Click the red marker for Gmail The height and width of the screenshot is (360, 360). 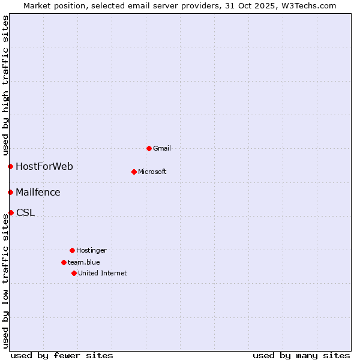pyautogui.click(x=149, y=148)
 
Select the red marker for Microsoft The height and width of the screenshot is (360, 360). pyautogui.click(x=134, y=172)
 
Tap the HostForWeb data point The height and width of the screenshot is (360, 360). pyautogui.click(x=10, y=166)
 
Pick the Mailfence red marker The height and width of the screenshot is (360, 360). pyautogui.click(x=10, y=192)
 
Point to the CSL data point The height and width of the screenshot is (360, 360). pyautogui.click(x=11, y=212)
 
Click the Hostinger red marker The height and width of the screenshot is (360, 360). pyautogui.click(x=72, y=250)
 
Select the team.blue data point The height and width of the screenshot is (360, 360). pyautogui.click(x=64, y=262)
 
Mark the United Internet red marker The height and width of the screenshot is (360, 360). pyautogui.click(x=74, y=273)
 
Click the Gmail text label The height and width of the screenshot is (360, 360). pyautogui.click(x=162, y=148)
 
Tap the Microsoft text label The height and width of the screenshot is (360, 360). pyautogui.click(x=152, y=172)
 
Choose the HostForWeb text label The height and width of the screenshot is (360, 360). pyautogui.click(x=44, y=166)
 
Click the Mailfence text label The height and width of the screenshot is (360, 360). pyautogui.click(x=38, y=192)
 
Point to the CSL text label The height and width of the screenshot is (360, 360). pyautogui.click(x=25, y=212)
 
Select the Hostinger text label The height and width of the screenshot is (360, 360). pyautogui.click(x=91, y=250)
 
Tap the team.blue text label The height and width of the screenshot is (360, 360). pyautogui.click(x=84, y=262)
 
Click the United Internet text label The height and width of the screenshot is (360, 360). pyautogui.click(x=103, y=273)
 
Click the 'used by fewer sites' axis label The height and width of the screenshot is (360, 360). pyautogui.click(x=62, y=355)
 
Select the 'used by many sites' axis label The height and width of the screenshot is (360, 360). pyautogui.click(x=301, y=355)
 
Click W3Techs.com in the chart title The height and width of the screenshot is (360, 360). pyautogui.click(x=306, y=5)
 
